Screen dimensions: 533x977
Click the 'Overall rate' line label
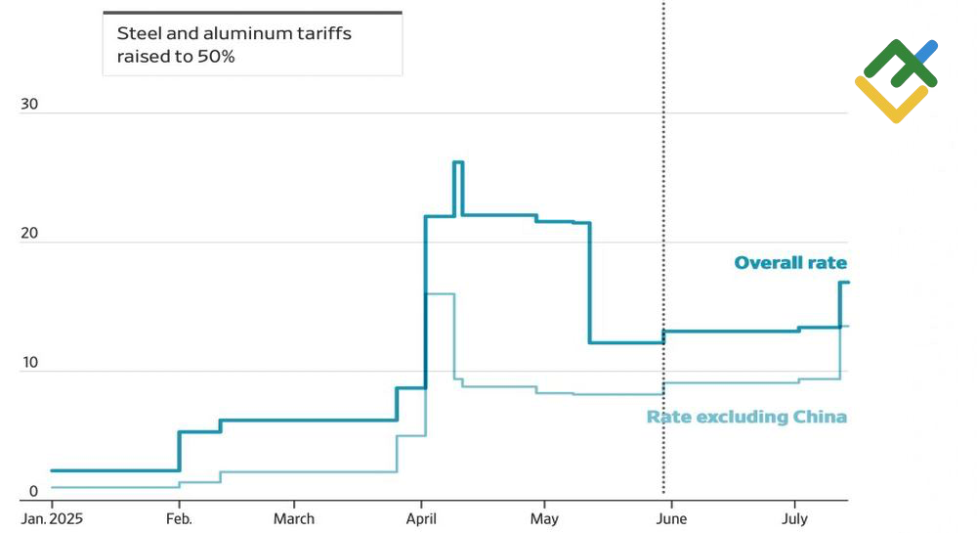790,263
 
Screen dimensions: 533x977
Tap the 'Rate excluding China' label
746,418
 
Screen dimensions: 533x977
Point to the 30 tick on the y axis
28,105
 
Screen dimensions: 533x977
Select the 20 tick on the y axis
28,234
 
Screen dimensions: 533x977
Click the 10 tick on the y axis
28,363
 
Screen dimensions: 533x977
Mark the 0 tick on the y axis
32,492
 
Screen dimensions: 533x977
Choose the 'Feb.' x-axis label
179,518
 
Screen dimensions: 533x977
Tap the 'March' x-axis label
294,518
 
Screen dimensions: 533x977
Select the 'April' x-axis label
421,518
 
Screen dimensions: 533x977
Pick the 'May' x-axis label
544,518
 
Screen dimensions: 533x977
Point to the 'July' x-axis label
794,518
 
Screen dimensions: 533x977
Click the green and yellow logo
896,82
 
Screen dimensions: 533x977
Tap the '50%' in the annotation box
216,57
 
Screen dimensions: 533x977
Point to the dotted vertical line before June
663,244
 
